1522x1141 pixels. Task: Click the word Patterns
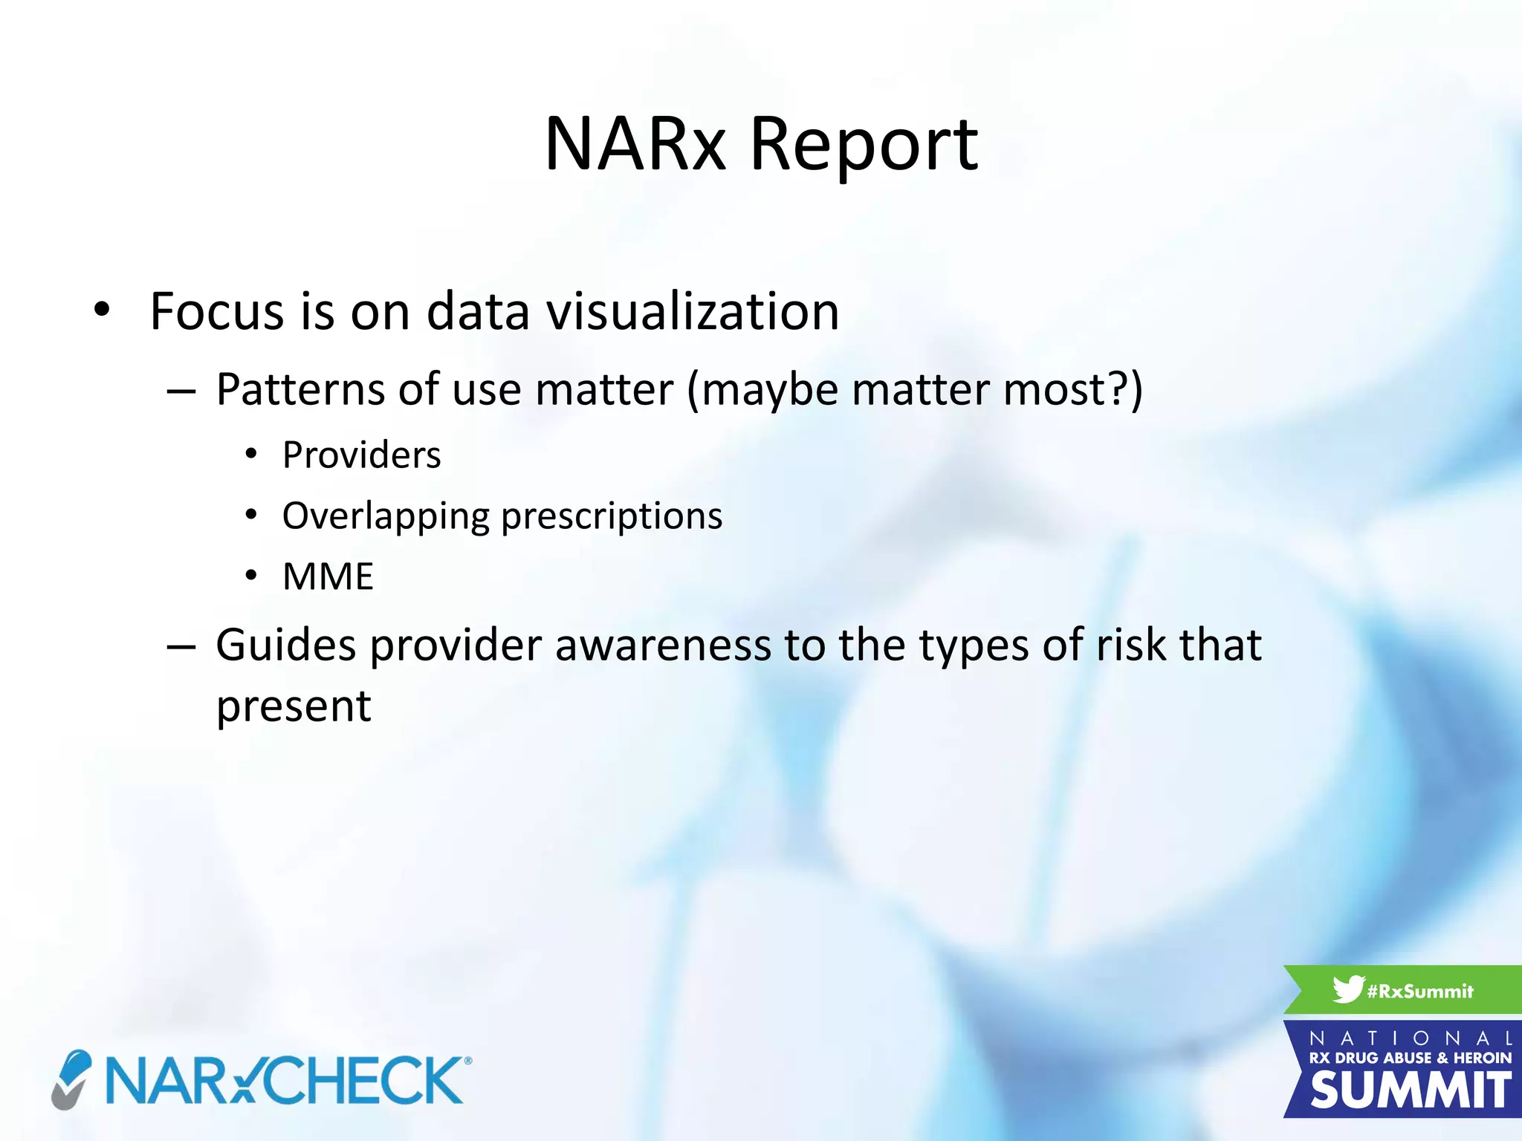pyautogui.click(x=300, y=389)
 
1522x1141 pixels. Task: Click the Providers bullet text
pyautogui.click(x=361, y=455)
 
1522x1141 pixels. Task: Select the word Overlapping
pyautogui.click(x=386, y=516)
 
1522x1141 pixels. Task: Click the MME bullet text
pyautogui.click(x=328, y=576)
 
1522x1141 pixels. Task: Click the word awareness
pyautogui.click(x=663, y=644)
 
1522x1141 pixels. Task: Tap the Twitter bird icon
pyautogui.click(x=1347, y=989)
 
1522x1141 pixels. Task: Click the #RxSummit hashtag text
pyautogui.click(x=1419, y=991)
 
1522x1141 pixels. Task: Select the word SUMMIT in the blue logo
pyautogui.click(x=1410, y=1090)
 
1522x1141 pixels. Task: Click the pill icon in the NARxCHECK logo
pyautogui.click(x=72, y=1079)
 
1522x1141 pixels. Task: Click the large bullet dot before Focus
pyautogui.click(x=102, y=309)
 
